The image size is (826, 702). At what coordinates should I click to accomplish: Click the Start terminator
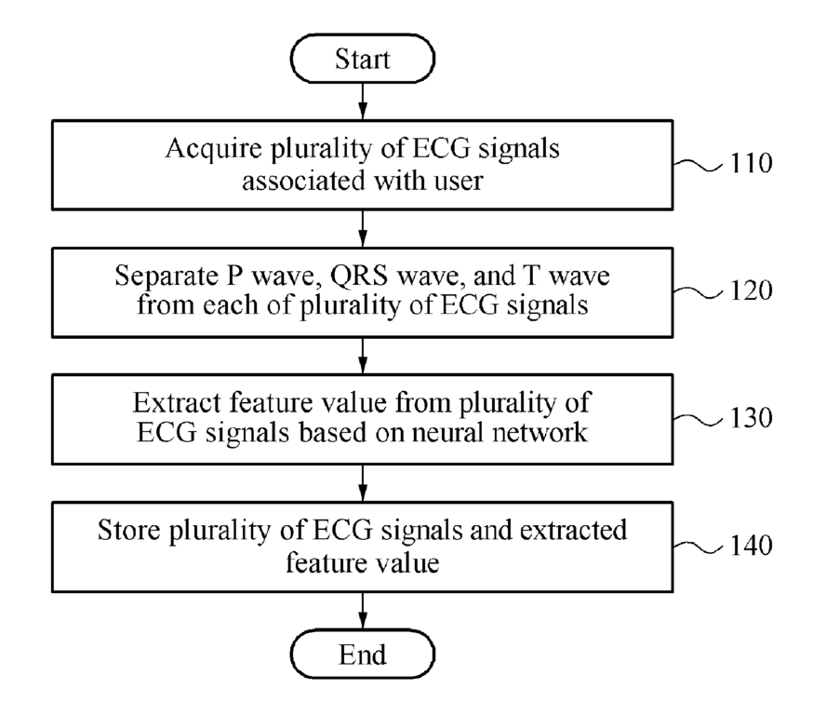363,59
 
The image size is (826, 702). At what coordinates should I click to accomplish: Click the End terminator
363,654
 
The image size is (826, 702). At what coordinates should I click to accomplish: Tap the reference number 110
752,164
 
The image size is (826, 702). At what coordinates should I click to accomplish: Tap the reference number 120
752,290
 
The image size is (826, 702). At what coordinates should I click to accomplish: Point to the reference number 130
752,418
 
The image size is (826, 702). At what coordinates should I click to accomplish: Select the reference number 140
752,546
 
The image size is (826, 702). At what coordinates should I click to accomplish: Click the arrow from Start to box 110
363,101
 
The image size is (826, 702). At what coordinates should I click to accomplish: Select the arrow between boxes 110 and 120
363,228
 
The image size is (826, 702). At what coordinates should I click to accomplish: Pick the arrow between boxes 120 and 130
363,356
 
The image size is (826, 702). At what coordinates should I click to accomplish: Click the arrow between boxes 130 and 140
363,483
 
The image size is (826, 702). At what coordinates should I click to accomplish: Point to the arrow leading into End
363,611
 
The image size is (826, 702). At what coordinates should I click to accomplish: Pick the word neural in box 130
446,433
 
